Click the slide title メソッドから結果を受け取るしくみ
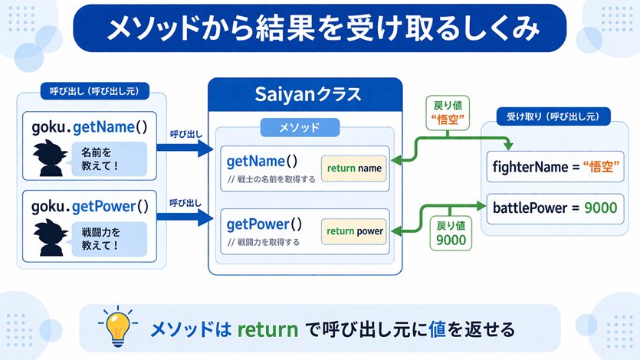coord(320,28)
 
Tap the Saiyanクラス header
coord(305,96)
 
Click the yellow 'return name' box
coord(353,168)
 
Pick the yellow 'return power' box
coord(354,231)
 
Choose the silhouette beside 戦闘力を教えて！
coord(51,238)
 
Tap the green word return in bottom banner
coord(267,329)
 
